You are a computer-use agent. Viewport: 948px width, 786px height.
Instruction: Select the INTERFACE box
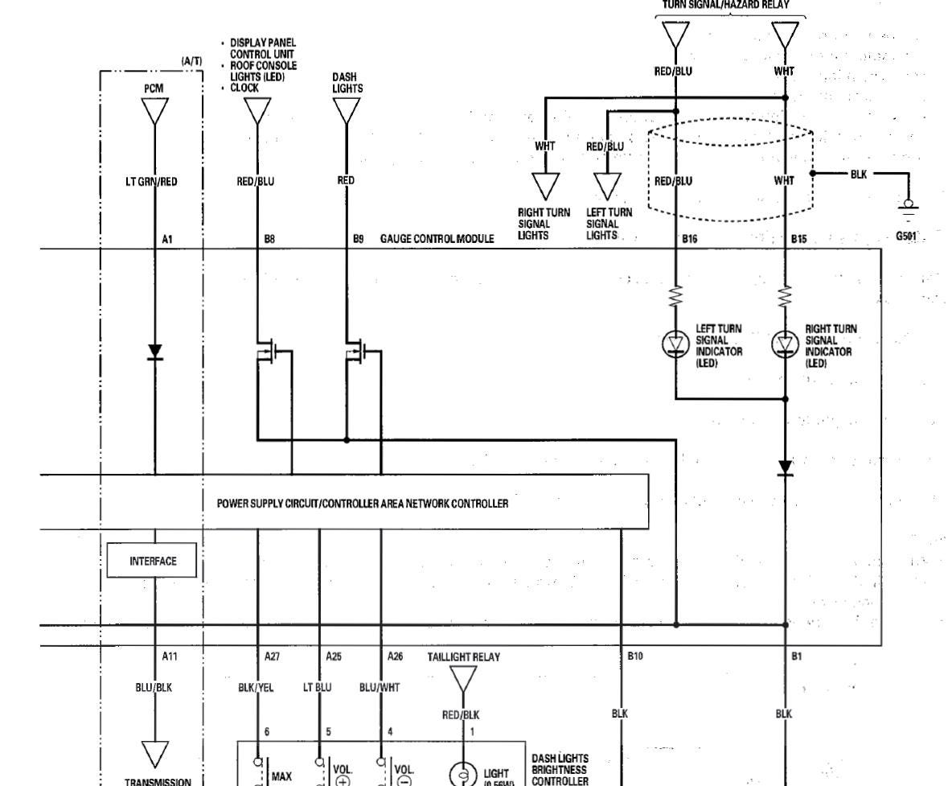click(153, 561)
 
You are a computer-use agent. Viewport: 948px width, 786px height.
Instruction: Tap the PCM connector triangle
click(154, 111)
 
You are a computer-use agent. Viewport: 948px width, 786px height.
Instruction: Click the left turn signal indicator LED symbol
click(675, 344)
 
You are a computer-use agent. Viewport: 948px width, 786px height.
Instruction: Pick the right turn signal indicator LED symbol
click(785, 344)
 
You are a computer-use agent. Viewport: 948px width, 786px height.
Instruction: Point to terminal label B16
click(689, 239)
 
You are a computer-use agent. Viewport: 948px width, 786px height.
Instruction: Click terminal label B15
click(798, 239)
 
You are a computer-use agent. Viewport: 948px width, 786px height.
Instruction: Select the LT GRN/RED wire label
click(153, 181)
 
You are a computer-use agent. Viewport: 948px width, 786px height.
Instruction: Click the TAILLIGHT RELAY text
click(464, 656)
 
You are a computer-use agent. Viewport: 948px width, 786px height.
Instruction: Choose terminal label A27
click(273, 656)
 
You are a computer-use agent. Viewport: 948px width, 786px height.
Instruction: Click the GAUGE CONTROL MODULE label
click(431, 239)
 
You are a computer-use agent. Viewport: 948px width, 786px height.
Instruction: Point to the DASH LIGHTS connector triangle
click(347, 111)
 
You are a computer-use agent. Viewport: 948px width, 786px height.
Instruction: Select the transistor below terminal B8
click(272, 352)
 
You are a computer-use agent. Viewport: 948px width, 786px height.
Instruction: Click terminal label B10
click(635, 656)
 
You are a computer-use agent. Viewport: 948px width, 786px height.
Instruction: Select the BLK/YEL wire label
click(257, 688)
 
